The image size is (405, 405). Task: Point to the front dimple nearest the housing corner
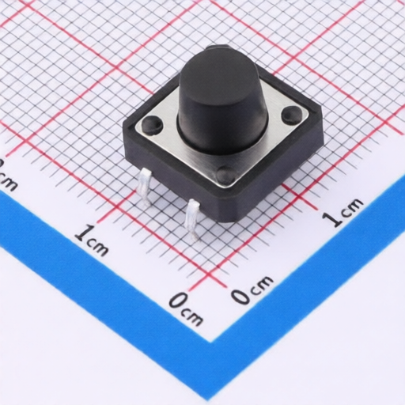pyautogui.click(x=225, y=174)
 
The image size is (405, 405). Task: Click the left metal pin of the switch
pyautogui.click(x=144, y=187)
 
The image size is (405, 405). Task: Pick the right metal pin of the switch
pyautogui.click(x=193, y=221)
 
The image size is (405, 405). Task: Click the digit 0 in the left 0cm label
pyautogui.click(x=179, y=301)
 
